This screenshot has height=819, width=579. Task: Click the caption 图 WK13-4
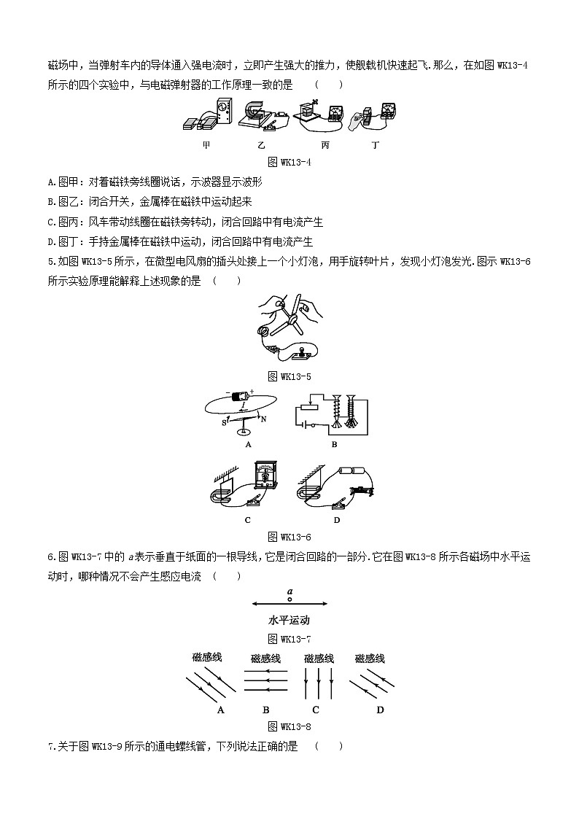pos(289,162)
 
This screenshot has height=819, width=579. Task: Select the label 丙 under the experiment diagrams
pos(325,145)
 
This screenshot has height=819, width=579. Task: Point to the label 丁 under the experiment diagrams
pos(376,145)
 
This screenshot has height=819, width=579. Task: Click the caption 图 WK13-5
pos(289,376)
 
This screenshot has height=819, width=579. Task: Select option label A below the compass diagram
pos(249,443)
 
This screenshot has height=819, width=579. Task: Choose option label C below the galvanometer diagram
pos(248,520)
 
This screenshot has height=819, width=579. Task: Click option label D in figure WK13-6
pos(337,520)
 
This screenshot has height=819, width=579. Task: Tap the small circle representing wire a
pos(289,599)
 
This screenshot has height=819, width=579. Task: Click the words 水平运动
pos(289,621)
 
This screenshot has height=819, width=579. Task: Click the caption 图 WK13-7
pos(289,640)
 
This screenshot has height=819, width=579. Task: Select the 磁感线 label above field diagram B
pos(266,659)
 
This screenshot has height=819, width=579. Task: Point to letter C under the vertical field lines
pos(316,710)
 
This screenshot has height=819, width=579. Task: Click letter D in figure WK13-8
pos(380,710)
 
